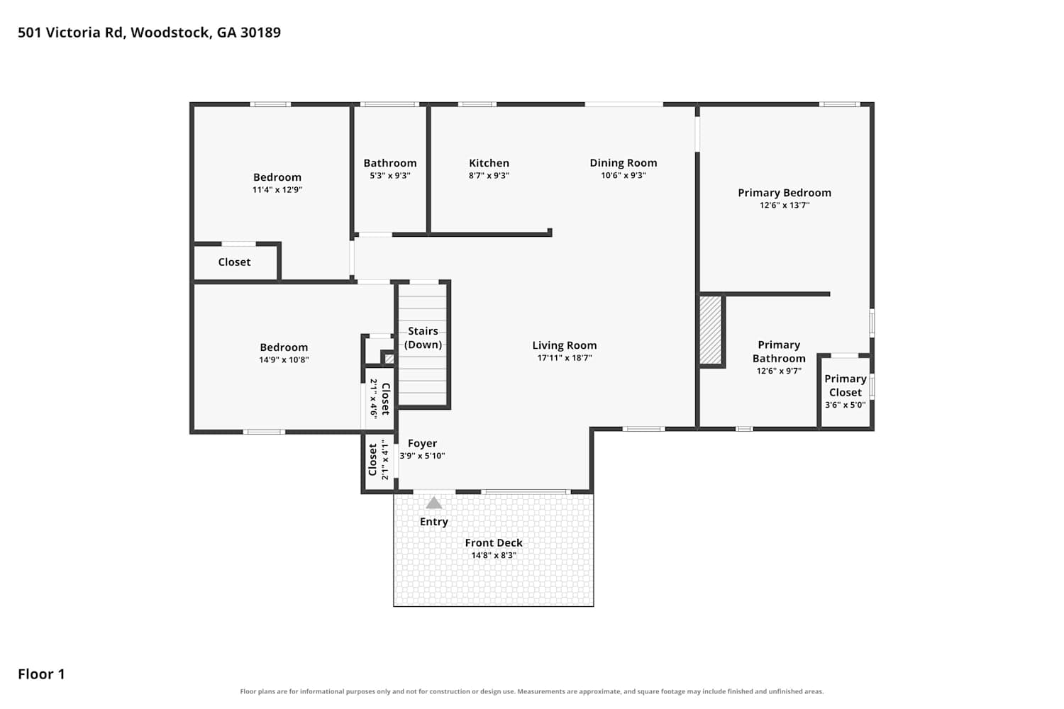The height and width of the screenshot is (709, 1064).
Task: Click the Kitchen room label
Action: pyautogui.click(x=489, y=163)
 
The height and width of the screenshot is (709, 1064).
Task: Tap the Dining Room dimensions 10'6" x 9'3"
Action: pyautogui.click(x=624, y=175)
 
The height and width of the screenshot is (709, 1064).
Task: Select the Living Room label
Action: pyautogui.click(x=565, y=345)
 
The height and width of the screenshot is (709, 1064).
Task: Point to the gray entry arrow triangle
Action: pyautogui.click(x=433, y=503)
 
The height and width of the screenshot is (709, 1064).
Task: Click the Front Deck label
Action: pyautogui.click(x=494, y=542)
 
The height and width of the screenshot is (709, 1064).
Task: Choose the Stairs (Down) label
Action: pyautogui.click(x=423, y=337)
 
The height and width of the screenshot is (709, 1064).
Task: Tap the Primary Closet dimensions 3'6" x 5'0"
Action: pyautogui.click(x=845, y=405)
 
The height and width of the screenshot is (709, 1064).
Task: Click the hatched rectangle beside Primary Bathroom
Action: pyautogui.click(x=711, y=330)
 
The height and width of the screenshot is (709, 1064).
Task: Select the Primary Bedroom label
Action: pyautogui.click(x=785, y=193)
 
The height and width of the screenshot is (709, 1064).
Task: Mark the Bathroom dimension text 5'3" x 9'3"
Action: pyautogui.click(x=390, y=175)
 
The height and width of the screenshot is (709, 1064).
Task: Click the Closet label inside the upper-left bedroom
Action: pyautogui.click(x=234, y=262)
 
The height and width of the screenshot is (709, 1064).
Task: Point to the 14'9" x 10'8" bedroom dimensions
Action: pyautogui.click(x=284, y=359)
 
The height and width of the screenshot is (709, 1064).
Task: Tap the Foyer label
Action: pyautogui.click(x=422, y=443)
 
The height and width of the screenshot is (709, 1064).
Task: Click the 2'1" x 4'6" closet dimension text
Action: pyautogui.click(x=374, y=398)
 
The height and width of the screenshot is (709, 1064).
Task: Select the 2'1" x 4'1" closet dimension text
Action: pyautogui.click(x=384, y=459)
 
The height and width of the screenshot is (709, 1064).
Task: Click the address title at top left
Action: pyautogui.click(x=149, y=33)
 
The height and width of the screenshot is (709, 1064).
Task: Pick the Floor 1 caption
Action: pyautogui.click(x=41, y=674)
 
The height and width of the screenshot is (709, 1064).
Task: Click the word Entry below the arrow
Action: pyautogui.click(x=433, y=521)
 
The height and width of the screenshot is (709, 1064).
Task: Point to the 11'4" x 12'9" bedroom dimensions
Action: pyautogui.click(x=277, y=189)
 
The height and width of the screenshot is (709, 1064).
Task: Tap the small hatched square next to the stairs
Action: pyautogui.click(x=389, y=359)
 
